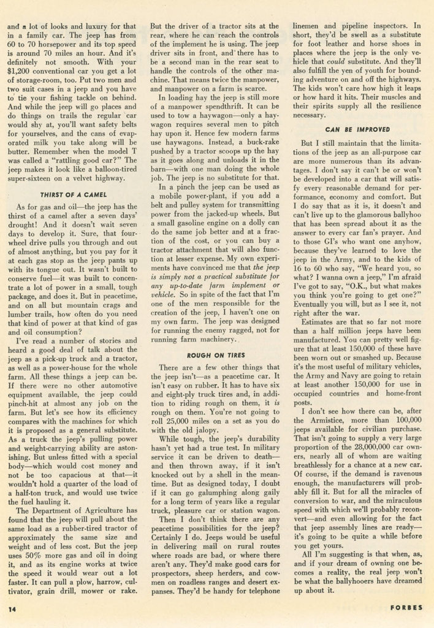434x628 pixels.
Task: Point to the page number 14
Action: point(12,609)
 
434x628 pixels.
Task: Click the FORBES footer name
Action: point(406,609)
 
